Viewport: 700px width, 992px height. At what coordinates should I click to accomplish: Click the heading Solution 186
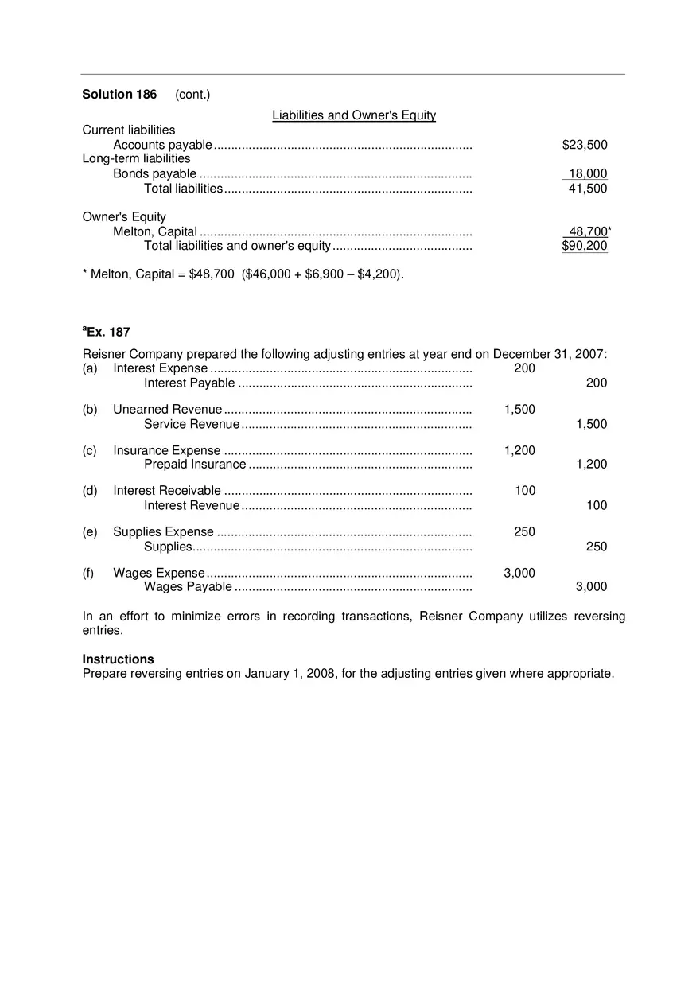[119, 95]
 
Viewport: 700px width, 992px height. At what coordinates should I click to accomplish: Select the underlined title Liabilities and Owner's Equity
[354, 115]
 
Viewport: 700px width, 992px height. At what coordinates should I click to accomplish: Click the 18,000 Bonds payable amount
[587, 174]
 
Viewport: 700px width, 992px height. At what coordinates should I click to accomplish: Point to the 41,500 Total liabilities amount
[587, 189]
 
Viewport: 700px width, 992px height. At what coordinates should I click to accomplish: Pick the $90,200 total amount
[584, 246]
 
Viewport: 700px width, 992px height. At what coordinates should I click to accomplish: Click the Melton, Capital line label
[155, 231]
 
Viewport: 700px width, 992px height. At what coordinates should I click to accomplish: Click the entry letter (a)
[90, 368]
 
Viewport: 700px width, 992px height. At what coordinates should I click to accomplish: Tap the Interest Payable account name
[189, 383]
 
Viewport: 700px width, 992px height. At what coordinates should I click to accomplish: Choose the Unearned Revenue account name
[167, 410]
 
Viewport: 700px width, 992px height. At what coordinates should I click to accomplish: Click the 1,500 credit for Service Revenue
[591, 424]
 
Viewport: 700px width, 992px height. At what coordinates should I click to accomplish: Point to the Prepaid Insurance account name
[195, 465]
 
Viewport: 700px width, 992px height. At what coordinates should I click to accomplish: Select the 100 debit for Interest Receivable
[525, 491]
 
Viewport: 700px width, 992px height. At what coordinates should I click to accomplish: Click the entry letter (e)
[90, 532]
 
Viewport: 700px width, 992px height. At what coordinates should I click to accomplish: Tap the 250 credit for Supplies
[596, 547]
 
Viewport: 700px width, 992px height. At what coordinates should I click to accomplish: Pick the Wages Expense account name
[159, 574]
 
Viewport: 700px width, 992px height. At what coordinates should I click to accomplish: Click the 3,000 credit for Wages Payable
[591, 587]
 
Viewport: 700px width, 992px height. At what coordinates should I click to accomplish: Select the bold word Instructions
[119, 659]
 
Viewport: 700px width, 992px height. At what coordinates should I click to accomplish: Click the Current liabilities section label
[129, 130]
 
